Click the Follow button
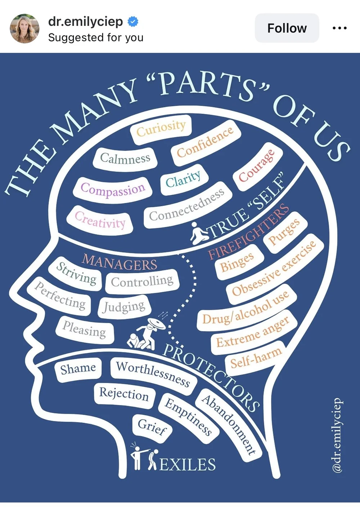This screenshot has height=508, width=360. [287, 28]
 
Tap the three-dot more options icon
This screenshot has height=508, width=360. [339, 28]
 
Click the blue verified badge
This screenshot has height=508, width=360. [133, 22]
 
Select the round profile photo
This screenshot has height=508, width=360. [24, 28]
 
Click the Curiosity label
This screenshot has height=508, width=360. [161, 128]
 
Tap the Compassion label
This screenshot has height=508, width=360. [113, 189]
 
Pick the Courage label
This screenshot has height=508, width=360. [257, 166]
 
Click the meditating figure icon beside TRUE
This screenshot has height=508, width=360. [199, 233]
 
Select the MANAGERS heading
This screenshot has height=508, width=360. [120, 262]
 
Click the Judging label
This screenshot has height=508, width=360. [124, 307]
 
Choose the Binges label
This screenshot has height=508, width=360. [237, 262]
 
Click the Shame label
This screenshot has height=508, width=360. [78, 369]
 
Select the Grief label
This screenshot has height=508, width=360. [152, 427]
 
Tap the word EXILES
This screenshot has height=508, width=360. [187, 464]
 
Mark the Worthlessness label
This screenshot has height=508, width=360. [153, 374]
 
